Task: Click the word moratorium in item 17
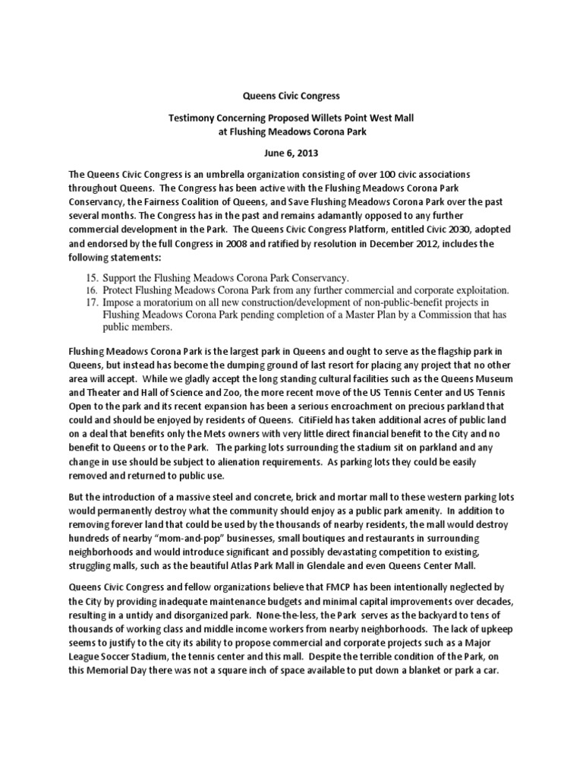coord(166,303)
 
